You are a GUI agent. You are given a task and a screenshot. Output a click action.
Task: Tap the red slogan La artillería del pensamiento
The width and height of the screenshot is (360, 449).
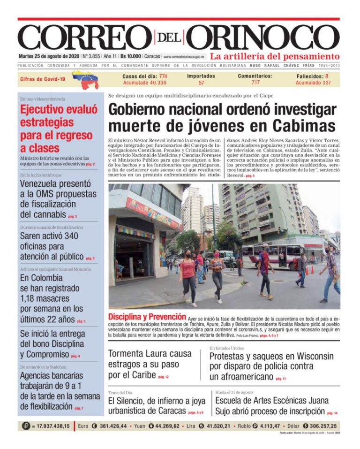pyautogui.click(x=274, y=56)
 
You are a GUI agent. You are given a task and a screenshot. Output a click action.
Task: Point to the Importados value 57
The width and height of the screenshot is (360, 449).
pyautogui.click(x=201, y=83)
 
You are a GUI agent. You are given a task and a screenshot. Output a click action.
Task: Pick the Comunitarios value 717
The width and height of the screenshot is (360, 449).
pyautogui.click(x=255, y=83)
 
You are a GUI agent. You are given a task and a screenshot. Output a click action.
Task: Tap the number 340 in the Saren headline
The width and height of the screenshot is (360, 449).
pyautogui.click(x=71, y=236)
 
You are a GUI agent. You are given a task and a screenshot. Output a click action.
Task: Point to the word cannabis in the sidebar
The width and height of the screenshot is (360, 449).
pyautogui.click(x=46, y=214)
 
